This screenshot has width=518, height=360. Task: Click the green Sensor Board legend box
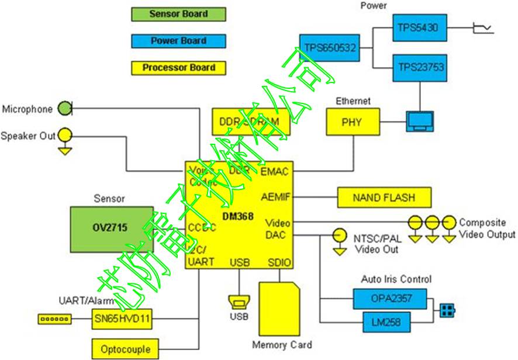[178, 14]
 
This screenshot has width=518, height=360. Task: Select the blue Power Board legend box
[178, 41]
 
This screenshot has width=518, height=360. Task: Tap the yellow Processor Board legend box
[178, 68]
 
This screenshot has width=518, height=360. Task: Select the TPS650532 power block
[330, 48]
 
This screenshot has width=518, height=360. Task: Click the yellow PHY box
[353, 123]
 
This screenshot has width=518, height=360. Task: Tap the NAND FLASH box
[384, 198]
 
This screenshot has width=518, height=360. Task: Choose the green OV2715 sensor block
[112, 227]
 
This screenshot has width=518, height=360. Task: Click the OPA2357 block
[391, 299]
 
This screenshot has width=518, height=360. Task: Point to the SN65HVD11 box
[122, 319]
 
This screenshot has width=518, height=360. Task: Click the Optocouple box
[125, 349]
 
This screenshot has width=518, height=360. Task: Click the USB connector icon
[239, 303]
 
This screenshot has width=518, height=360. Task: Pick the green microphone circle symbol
[64, 109]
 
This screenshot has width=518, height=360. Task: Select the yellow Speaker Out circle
[65, 136]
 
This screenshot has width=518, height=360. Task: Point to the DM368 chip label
[238, 217]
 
